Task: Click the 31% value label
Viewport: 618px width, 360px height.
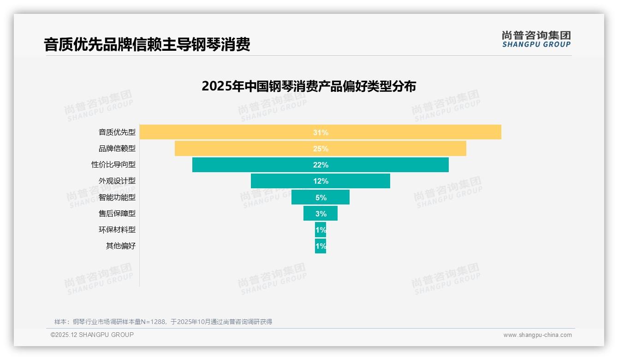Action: click(x=321, y=132)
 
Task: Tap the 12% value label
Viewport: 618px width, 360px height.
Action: click(x=321, y=181)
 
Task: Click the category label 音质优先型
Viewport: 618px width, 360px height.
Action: click(x=117, y=132)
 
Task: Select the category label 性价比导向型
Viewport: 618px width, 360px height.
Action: click(x=113, y=165)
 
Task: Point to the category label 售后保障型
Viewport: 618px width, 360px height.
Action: click(x=117, y=213)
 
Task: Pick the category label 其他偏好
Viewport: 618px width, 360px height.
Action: click(x=121, y=246)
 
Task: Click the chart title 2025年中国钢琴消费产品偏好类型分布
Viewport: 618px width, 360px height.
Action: click(x=309, y=86)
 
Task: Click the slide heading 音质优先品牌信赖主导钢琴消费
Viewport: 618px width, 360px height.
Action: click(x=147, y=45)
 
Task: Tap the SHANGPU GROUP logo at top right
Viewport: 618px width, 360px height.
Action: click(x=536, y=39)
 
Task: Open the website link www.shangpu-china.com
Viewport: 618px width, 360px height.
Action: click(x=537, y=335)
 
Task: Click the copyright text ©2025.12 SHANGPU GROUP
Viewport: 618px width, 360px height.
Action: click(x=92, y=335)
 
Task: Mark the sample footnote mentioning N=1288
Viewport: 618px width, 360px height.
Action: click(x=163, y=322)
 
